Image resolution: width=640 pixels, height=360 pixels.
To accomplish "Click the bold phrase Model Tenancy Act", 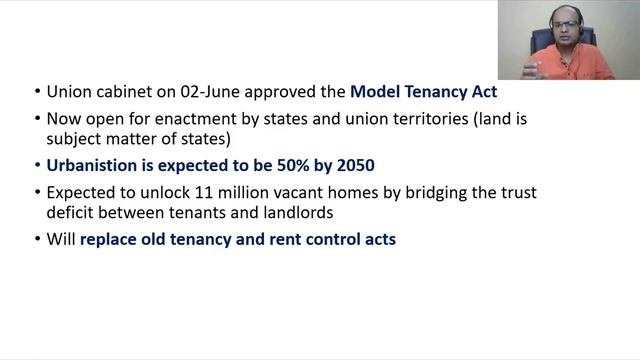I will point(431,92).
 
